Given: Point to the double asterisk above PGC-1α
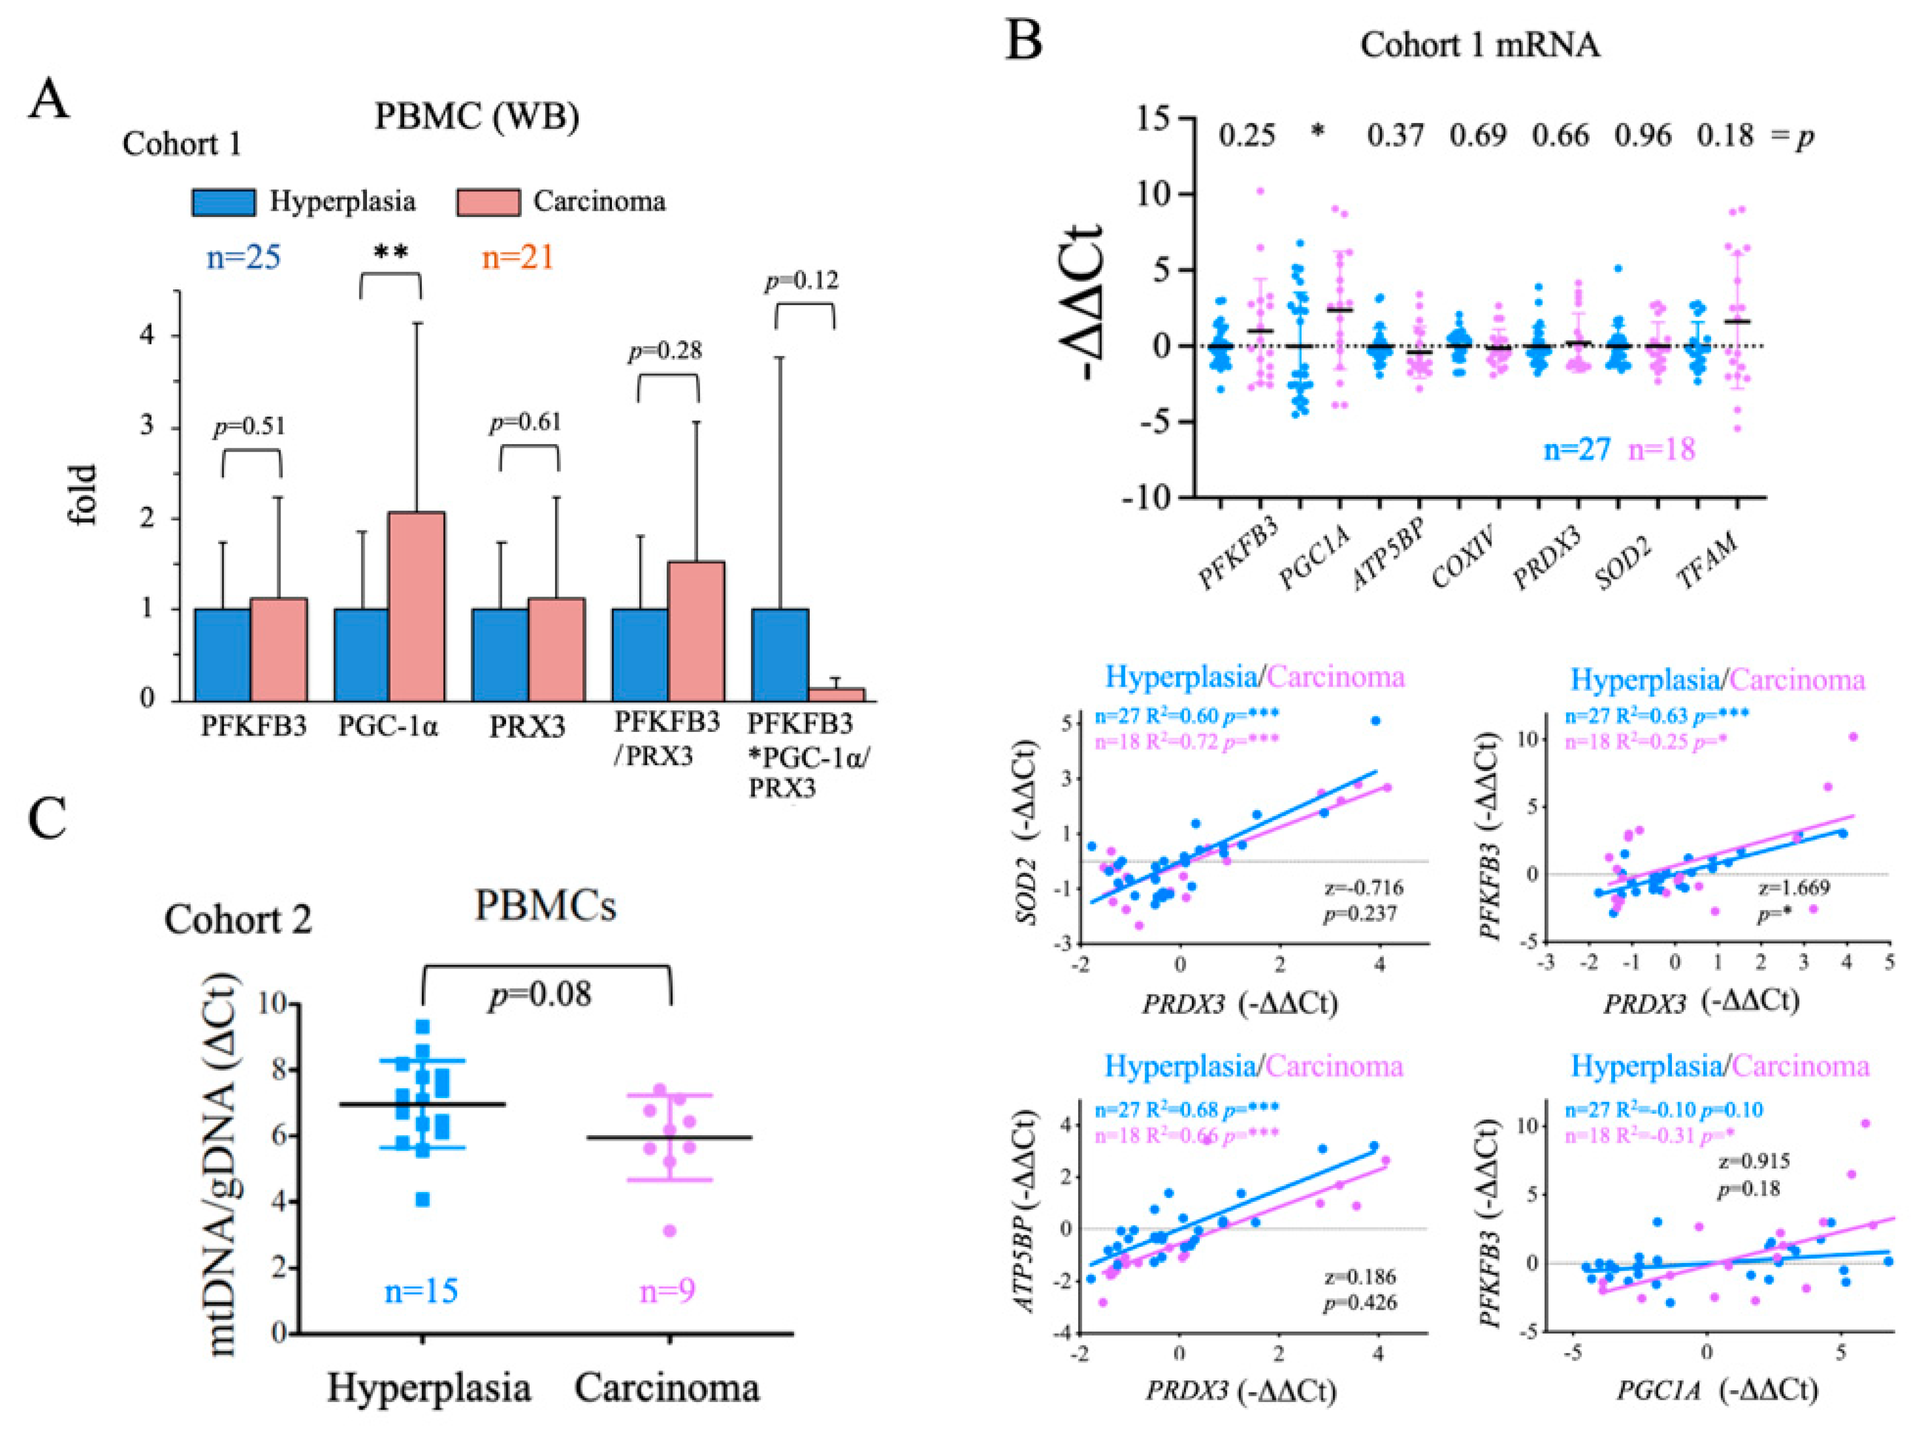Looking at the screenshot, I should coord(391,253).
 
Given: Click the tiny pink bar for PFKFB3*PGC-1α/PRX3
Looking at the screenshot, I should coord(836,694).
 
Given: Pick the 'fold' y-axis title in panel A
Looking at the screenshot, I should coord(84,495).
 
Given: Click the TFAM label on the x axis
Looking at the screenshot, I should coord(1707,560).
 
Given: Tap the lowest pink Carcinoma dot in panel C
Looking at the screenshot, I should coord(669,1231).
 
